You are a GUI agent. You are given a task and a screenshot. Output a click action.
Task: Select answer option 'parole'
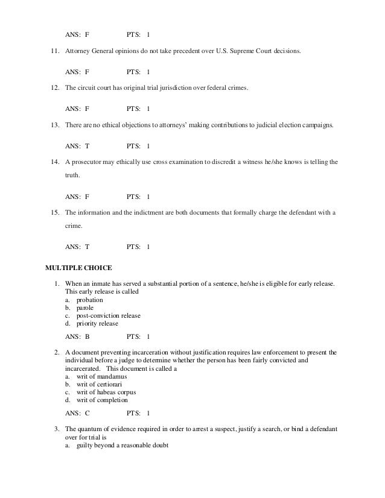pos(84,307)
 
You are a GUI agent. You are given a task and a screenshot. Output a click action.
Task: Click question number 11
pos(54,52)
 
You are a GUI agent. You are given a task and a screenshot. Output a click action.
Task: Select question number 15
pos(54,213)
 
